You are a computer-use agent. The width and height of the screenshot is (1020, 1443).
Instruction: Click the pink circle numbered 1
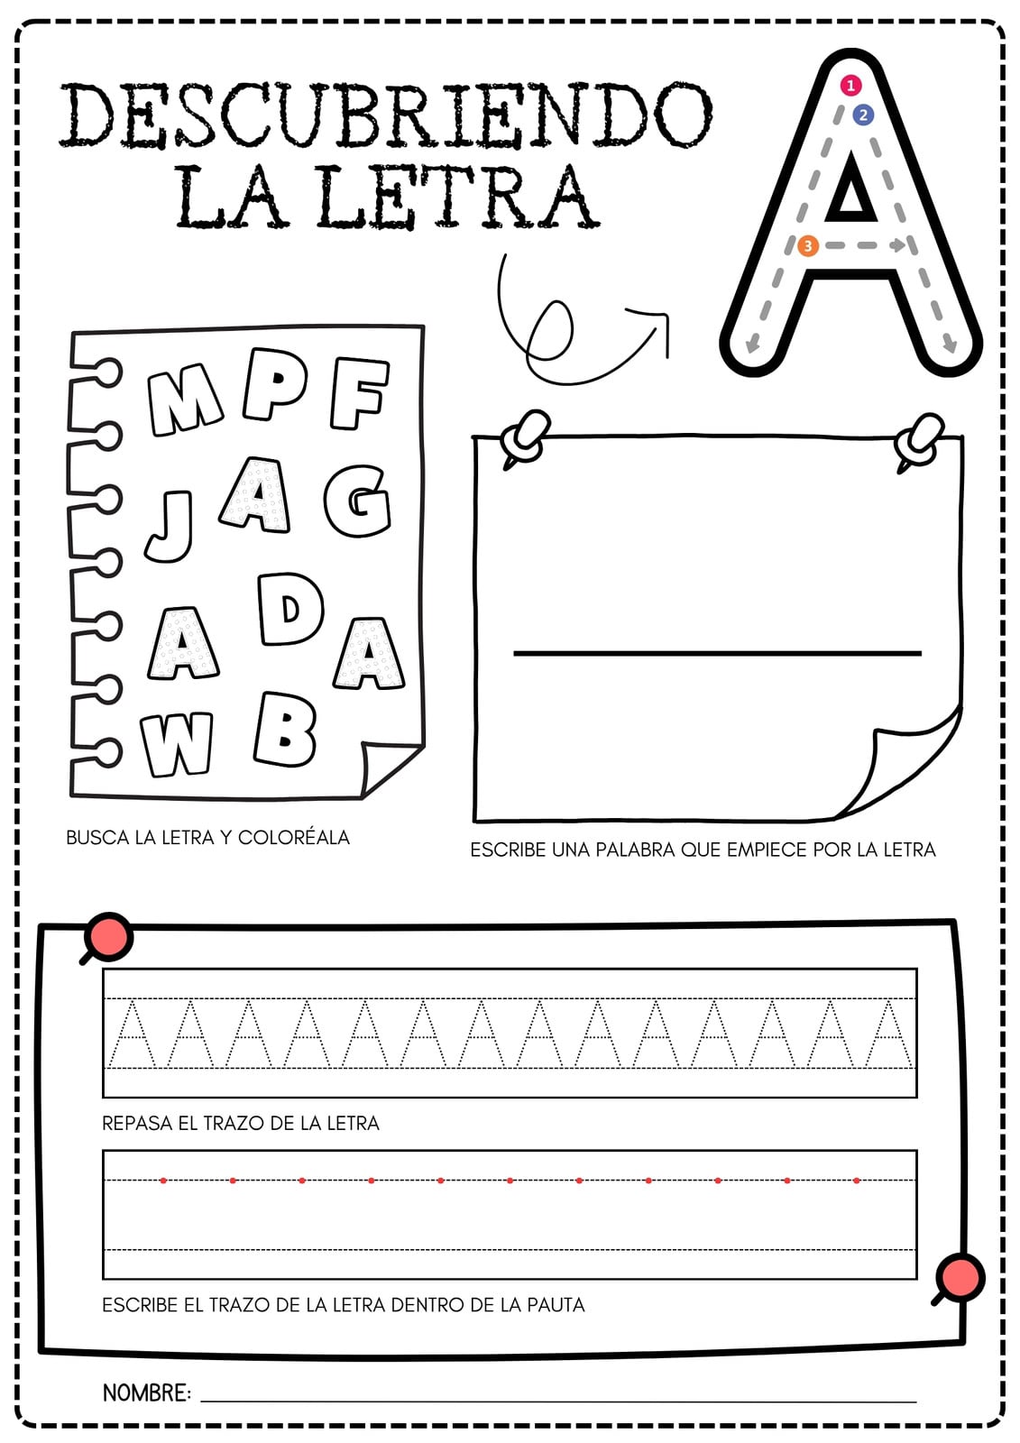pyautogui.click(x=850, y=85)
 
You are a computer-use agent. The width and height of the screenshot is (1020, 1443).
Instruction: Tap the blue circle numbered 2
pyautogui.click(x=863, y=115)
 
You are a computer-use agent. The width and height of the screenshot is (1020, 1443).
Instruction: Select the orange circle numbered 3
pyautogui.click(x=807, y=245)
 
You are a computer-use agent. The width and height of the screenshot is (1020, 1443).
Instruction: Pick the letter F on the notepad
pyautogui.click(x=359, y=393)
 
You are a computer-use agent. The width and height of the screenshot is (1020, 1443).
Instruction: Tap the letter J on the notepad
pyautogui.click(x=170, y=526)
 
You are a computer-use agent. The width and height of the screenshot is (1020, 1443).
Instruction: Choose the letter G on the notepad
pyautogui.click(x=358, y=501)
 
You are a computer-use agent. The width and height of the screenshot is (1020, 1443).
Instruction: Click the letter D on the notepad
pyautogui.click(x=290, y=609)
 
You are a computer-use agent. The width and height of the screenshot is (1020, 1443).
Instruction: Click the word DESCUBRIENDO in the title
pyautogui.click(x=386, y=116)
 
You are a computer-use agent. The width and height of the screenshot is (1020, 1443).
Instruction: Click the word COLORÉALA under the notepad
pyautogui.click(x=294, y=838)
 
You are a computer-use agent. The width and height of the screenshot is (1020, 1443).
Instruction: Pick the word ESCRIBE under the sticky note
pyautogui.click(x=507, y=850)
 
